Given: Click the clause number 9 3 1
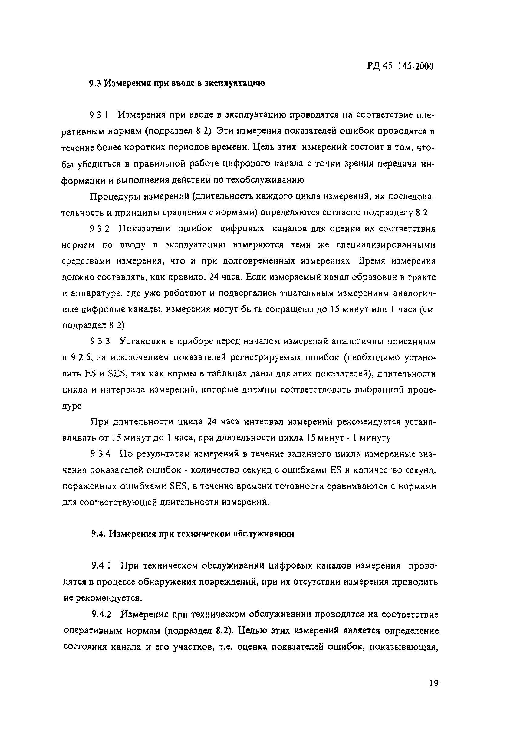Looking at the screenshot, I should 100,115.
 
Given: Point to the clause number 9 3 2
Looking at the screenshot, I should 100,229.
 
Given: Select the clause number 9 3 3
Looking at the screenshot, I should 100,342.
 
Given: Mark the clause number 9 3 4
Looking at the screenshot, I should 100,454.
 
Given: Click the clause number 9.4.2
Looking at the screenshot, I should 101,614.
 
